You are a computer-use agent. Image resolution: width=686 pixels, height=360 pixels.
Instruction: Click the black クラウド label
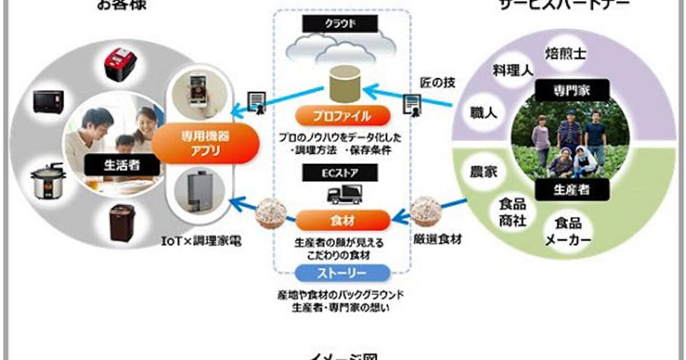(x=340, y=23)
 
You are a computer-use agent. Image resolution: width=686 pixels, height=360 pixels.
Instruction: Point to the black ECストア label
(x=341, y=172)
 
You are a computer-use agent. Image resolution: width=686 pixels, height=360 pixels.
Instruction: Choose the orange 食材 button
(x=342, y=219)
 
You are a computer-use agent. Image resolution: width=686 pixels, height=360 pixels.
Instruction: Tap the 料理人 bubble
(x=513, y=70)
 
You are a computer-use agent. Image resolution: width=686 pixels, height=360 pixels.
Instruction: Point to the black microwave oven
(x=49, y=102)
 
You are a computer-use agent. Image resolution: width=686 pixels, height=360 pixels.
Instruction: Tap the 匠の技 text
(x=437, y=83)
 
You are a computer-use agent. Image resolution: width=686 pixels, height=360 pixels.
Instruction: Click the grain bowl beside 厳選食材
(x=426, y=213)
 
